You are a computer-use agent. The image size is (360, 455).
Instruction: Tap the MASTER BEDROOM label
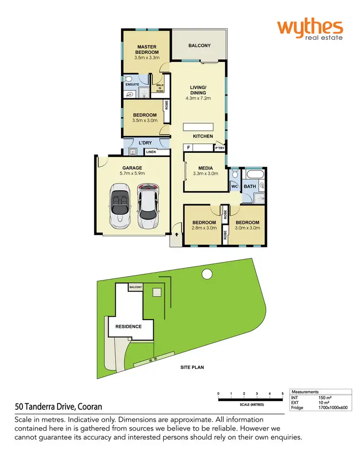(x=146, y=50)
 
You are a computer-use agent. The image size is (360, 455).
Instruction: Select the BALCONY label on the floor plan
(x=199, y=46)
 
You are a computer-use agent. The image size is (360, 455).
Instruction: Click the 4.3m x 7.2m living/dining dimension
(x=198, y=98)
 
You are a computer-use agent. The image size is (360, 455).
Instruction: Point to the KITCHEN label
(x=203, y=136)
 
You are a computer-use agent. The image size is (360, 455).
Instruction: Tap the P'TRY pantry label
(x=219, y=148)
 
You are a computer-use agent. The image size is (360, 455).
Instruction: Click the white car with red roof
(x=148, y=206)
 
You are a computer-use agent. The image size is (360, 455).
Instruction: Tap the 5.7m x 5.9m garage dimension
(x=132, y=173)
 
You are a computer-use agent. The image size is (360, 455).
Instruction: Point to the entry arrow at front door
(x=177, y=235)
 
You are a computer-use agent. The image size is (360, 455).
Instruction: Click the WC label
(x=235, y=186)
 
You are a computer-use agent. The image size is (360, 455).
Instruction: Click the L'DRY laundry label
(x=145, y=144)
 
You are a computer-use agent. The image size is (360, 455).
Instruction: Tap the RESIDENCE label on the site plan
(x=128, y=327)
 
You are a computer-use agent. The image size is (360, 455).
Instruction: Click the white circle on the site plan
(x=207, y=274)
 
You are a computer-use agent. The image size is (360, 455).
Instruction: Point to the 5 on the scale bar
(x=283, y=394)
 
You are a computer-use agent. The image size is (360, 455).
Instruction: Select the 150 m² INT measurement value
(x=325, y=398)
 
